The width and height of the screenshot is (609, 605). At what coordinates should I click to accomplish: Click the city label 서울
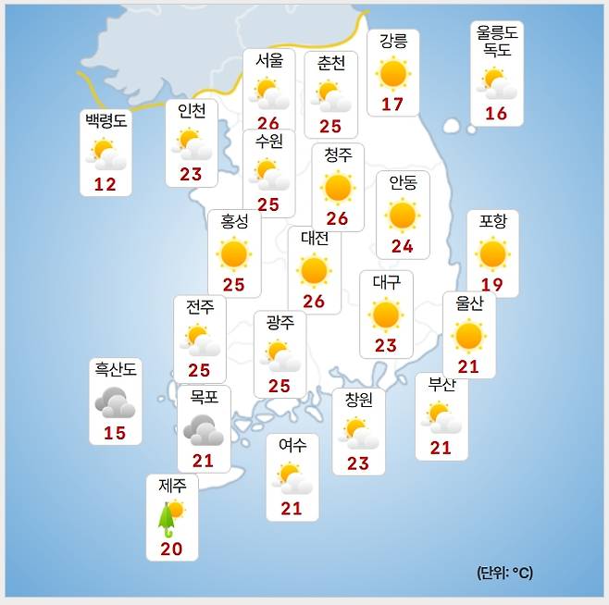coord(268,62)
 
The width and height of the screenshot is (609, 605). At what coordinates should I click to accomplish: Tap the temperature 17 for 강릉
coord(392,104)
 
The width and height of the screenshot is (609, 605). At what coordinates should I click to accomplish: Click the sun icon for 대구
coord(385,315)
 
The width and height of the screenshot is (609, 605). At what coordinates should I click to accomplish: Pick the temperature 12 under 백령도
coord(105,184)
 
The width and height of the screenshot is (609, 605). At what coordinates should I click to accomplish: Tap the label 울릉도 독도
coord(497,42)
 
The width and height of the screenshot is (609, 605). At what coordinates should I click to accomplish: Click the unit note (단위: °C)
coord(505,573)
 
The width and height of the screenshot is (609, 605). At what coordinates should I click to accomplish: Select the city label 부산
coord(441,386)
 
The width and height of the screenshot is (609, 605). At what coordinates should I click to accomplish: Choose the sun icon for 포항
coord(492,253)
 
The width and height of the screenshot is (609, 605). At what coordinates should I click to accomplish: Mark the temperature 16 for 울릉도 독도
coord(496,114)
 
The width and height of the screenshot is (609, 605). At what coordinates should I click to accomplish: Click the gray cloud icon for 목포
coord(203,429)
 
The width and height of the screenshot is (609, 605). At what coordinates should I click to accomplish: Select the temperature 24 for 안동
coord(402,246)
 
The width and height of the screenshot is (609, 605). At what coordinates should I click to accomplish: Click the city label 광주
coord(280,323)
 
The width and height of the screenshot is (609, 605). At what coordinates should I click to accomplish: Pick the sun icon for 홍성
coord(233,253)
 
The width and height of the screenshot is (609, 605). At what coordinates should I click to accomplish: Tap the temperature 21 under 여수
coord(292,508)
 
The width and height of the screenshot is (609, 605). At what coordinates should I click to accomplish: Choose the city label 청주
coord(338,155)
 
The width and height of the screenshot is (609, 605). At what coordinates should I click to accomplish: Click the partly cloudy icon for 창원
coord(357,432)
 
